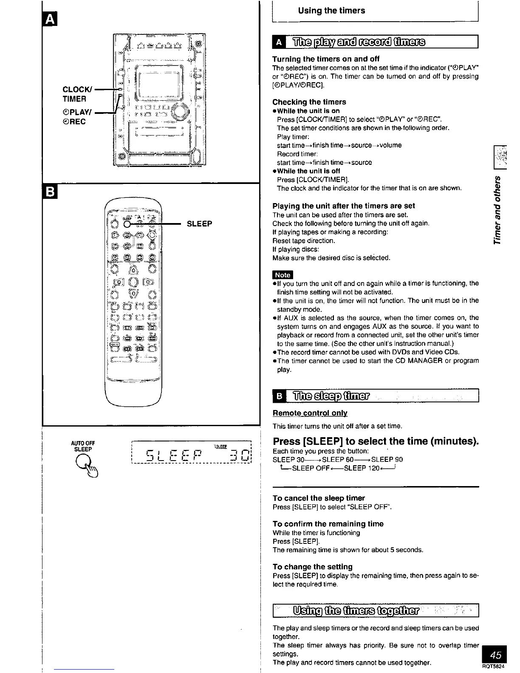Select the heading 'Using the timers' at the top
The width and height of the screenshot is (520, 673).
331,11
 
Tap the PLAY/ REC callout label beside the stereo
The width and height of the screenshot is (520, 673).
74,117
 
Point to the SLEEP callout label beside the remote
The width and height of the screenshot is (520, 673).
199,224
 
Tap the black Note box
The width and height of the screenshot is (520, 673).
283,274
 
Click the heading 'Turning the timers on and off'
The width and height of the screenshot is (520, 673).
325,59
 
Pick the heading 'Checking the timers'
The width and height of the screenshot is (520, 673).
309,102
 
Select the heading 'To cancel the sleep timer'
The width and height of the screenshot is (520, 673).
319,498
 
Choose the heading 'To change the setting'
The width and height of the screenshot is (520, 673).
312,567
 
